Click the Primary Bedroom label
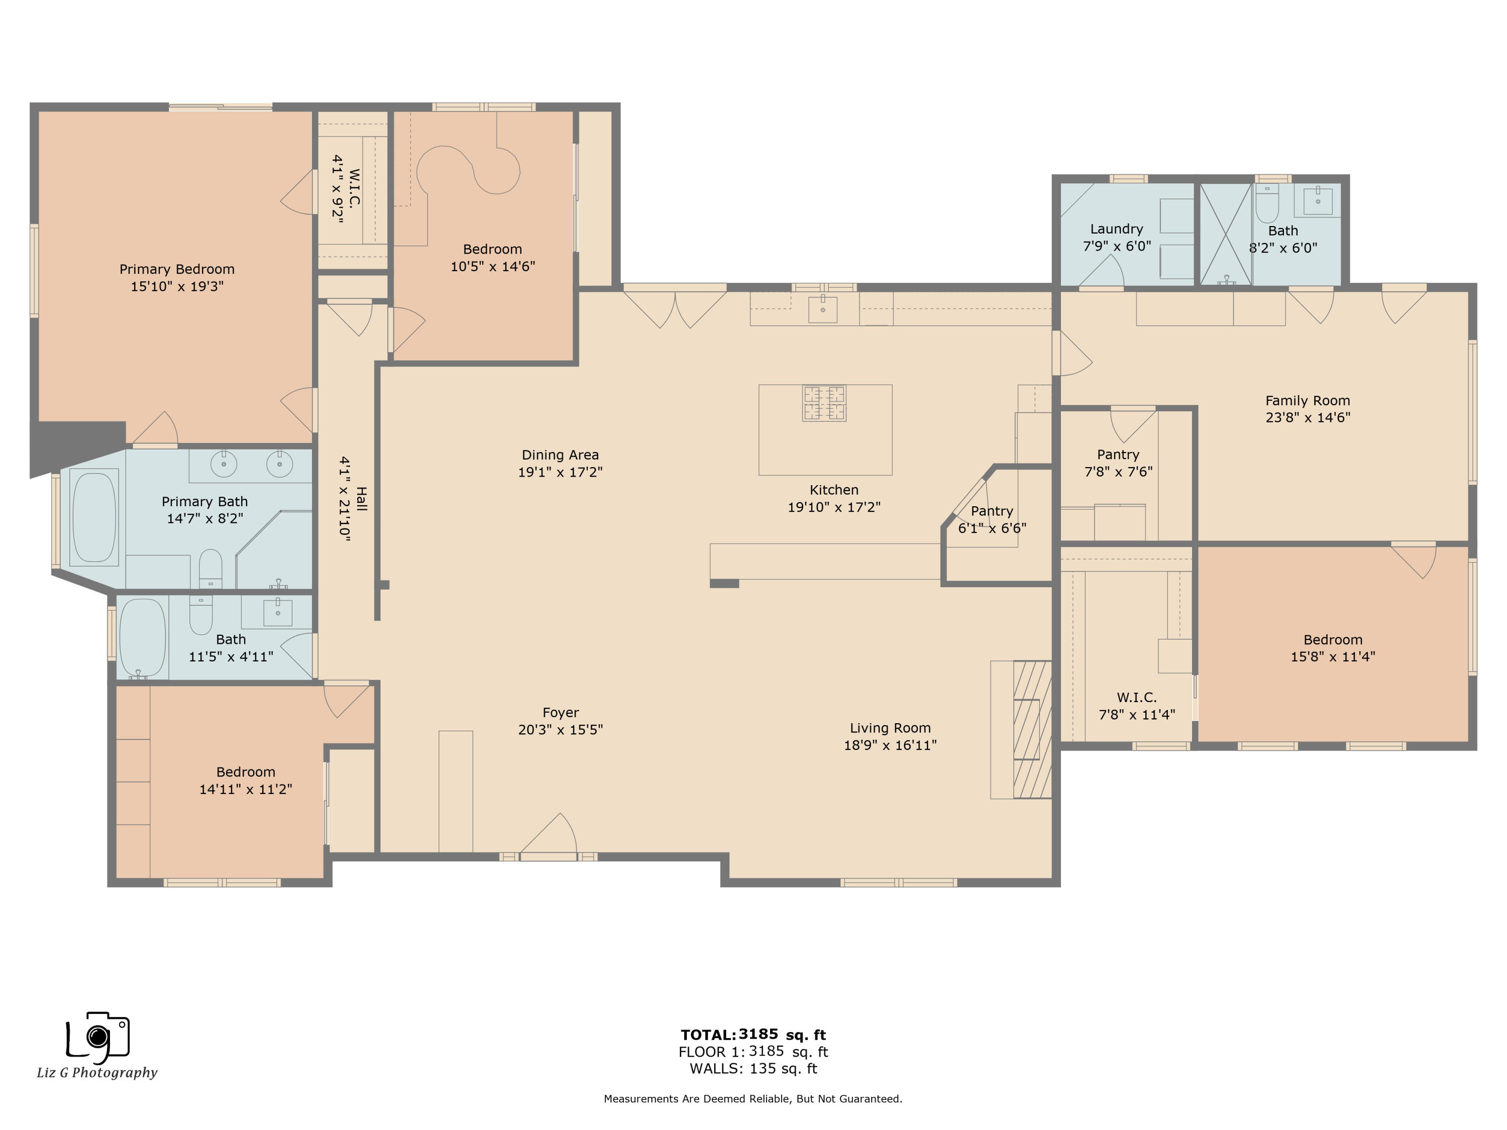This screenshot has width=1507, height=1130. pos(177,269)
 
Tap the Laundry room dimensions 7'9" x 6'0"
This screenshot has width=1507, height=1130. pos(1117,246)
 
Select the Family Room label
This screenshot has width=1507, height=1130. pos(1308,400)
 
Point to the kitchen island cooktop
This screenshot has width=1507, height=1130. pos(824,403)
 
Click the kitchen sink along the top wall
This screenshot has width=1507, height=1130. pos(823,309)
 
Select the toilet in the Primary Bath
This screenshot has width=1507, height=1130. pos(210,569)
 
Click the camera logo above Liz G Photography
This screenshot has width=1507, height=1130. pos(98,1038)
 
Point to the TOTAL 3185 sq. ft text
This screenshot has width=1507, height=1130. pos(753,1035)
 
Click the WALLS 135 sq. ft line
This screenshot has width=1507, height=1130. pos(753,1068)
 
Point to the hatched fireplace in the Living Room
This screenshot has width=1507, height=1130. pos(1032,729)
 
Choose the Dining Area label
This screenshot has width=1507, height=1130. pos(560,455)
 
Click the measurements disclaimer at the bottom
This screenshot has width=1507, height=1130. pos(753,1099)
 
